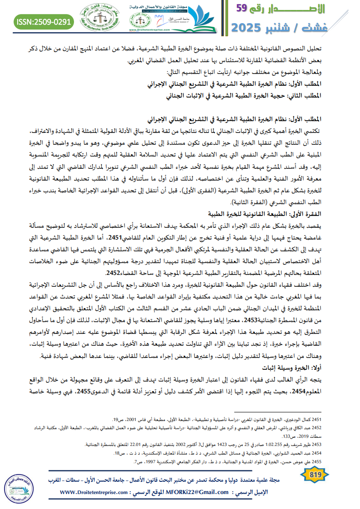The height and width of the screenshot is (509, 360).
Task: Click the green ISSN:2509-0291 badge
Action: coord(44,21)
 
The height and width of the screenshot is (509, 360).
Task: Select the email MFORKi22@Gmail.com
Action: coord(193,492)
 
